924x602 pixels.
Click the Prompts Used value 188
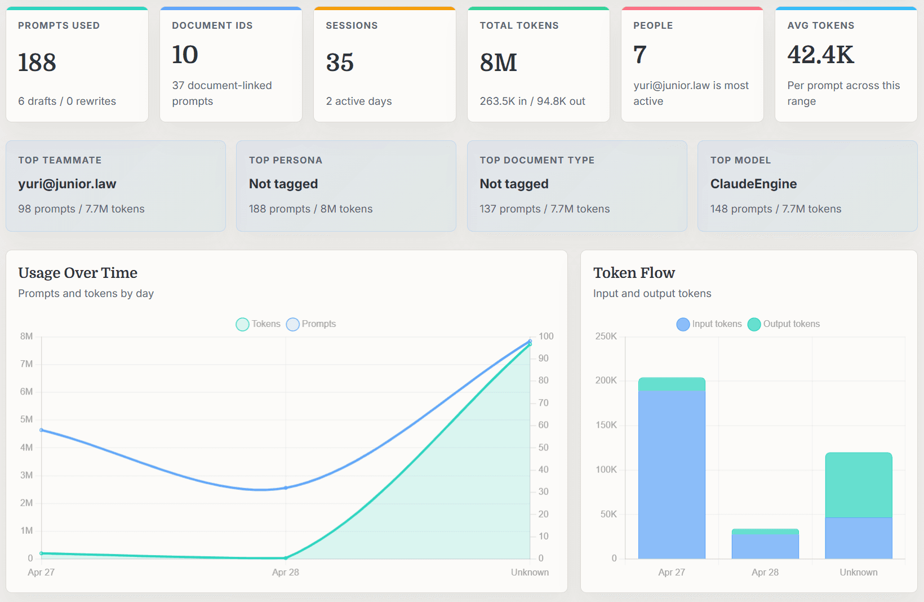click(x=37, y=62)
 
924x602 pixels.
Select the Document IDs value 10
click(x=185, y=55)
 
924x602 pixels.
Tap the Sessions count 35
click(x=340, y=62)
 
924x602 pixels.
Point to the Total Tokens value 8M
click(x=498, y=62)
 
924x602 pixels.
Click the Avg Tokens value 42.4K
click(x=820, y=55)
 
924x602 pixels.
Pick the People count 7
click(x=639, y=55)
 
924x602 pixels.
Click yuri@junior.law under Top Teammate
click(x=67, y=184)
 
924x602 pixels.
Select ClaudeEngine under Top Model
click(x=753, y=184)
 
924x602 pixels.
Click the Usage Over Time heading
click(x=78, y=273)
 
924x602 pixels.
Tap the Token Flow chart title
click(x=634, y=273)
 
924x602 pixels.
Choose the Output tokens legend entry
click(x=784, y=324)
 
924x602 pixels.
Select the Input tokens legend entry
click(x=709, y=324)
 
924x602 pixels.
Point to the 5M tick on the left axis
click(x=26, y=419)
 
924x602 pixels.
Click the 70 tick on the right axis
click(x=543, y=402)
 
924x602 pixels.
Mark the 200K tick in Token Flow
click(x=606, y=380)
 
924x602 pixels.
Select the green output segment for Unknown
click(x=859, y=485)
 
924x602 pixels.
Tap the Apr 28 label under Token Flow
click(x=765, y=572)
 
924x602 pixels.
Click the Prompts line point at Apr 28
click(x=286, y=488)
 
